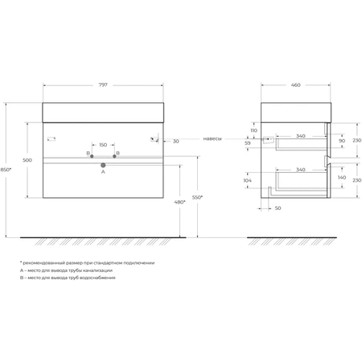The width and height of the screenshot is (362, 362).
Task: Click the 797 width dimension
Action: (x=103, y=85)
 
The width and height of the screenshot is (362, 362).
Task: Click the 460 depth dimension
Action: (x=295, y=85)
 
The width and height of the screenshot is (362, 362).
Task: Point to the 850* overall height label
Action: (x=6, y=170)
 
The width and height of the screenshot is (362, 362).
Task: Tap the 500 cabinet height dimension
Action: (x=27, y=160)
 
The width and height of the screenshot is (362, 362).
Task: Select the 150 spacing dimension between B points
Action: (x=103, y=145)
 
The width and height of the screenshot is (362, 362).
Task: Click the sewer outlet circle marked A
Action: (x=103, y=165)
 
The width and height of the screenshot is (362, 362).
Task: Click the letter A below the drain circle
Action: (x=103, y=171)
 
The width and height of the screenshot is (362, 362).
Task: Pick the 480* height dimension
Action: (x=179, y=202)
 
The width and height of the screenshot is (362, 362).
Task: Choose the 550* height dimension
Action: (x=197, y=197)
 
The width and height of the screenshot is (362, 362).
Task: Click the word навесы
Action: (x=212, y=138)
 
